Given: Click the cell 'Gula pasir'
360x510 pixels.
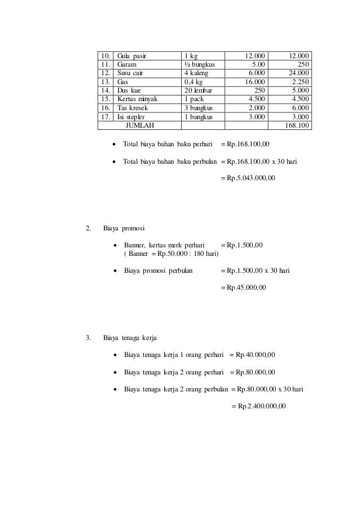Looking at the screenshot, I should click(131, 56).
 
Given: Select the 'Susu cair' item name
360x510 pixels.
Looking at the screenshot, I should click(130, 73).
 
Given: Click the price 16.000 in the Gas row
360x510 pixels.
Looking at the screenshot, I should click(254, 82).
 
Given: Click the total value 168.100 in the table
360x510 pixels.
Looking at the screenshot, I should click(297, 125).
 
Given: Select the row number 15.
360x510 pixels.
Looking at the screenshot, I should click(105, 99).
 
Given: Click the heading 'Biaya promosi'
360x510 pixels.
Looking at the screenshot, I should click(124, 229).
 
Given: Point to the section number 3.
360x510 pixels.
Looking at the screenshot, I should click(87, 338).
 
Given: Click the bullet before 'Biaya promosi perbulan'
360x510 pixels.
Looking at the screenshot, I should click(116, 271).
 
